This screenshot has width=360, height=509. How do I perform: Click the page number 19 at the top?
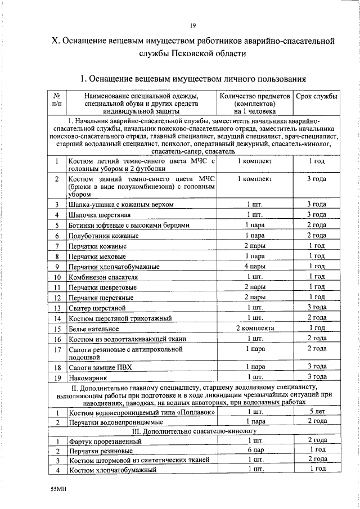pos(192,25)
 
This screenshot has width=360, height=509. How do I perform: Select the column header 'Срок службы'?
pos(317,96)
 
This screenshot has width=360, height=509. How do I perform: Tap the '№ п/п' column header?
pos(57,100)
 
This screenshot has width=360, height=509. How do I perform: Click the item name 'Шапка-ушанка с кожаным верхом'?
pos(117,204)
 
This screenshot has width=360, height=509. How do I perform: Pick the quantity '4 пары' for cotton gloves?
pos(255,266)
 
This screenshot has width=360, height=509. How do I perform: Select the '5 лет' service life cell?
pos(317,412)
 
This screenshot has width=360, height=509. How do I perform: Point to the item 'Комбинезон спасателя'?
pos(103,277)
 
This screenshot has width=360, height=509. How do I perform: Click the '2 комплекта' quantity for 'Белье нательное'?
pos(255,328)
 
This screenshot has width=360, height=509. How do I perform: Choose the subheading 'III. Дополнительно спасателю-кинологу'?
pos(194,431)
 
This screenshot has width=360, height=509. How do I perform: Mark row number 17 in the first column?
pos(57,350)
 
